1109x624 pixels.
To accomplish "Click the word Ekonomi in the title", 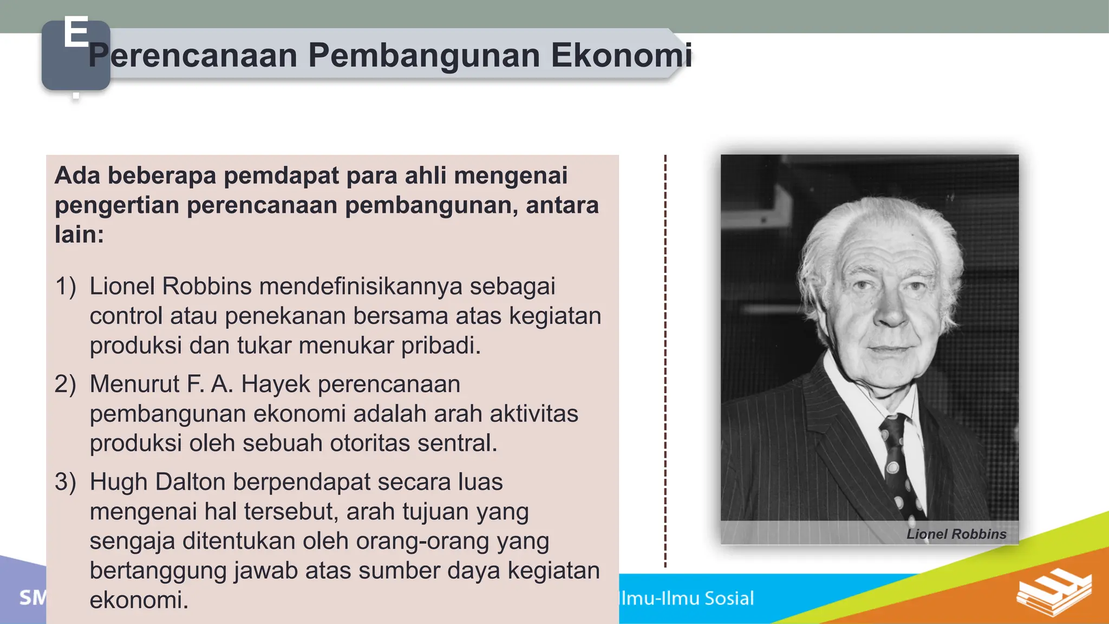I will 621,55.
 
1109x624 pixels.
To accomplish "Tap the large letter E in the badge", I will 76,32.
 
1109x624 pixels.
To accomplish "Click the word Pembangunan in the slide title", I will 424,55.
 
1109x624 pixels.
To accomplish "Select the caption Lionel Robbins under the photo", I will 956,534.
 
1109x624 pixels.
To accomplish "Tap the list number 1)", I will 66,286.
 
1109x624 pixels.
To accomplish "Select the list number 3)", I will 66,482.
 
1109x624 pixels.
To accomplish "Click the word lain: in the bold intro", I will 79,235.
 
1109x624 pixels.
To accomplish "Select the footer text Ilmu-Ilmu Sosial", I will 687,598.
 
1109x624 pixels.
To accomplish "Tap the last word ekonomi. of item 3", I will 139,600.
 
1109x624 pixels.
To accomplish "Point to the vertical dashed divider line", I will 665,357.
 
